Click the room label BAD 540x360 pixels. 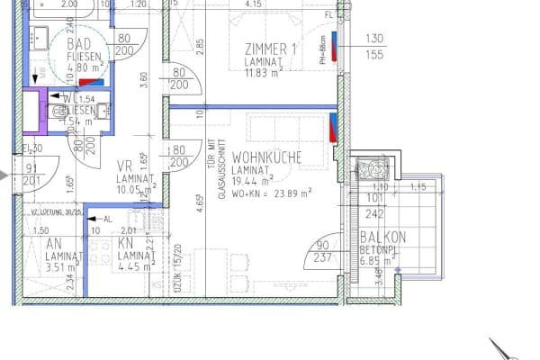[x=66, y=42]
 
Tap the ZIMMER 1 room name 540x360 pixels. [x=270, y=49]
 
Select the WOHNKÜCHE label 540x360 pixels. [x=265, y=157]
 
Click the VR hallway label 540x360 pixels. [x=125, y=166]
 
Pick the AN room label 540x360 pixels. [x=53, y=243]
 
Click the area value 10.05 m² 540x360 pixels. [x=134, y=190]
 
